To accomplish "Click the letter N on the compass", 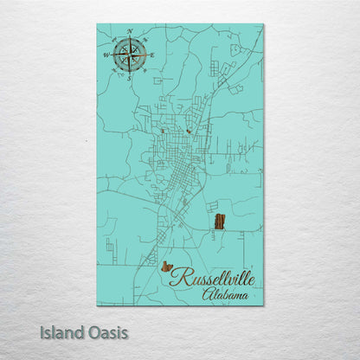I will coord(130,32).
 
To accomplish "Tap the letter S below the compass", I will coord(130,78).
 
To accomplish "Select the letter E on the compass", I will coord(152,55).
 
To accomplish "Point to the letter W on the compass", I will coord(107,55).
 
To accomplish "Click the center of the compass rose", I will coord(130,55).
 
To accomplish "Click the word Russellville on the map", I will coord(211,278).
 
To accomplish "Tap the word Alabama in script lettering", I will coord(224,295).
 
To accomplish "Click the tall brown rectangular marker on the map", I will coord(219,221).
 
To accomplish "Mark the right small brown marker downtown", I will coord(187,132).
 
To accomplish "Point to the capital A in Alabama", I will coord(208,294).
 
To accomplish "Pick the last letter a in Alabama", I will coord(243,296).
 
